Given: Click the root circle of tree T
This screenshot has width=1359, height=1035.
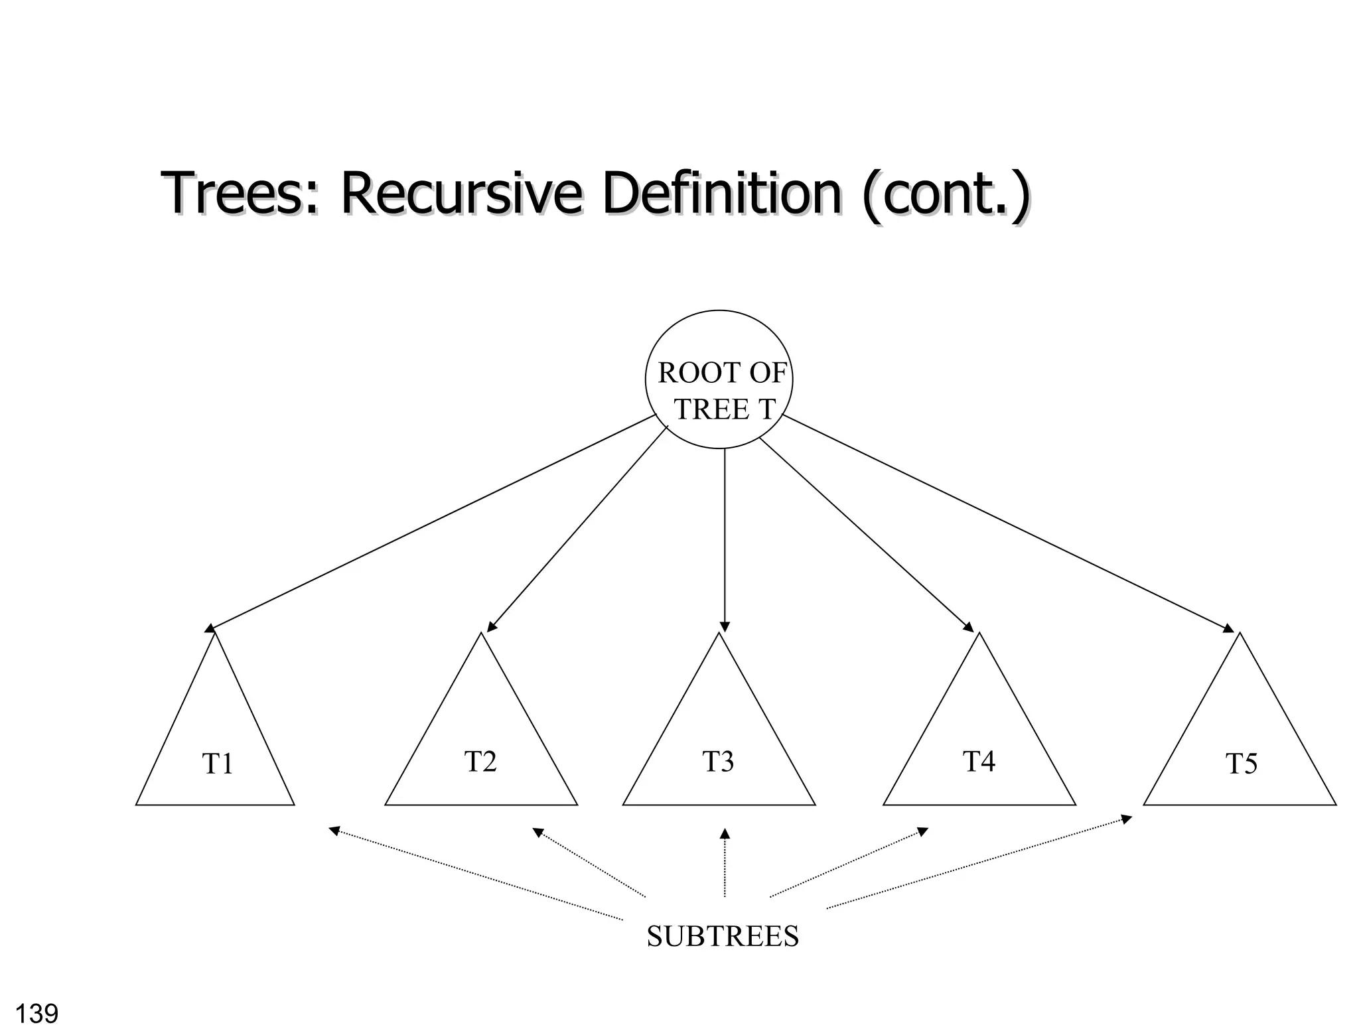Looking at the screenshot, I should [x=719, y=379].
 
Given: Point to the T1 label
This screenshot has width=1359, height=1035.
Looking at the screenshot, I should [x=218, y=764].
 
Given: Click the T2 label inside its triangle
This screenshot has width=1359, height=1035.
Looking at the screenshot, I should [x=480, y=761].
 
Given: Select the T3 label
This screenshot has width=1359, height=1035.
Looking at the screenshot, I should [x=718, y=761].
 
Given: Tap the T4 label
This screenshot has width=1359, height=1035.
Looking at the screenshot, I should [x=979, y=761].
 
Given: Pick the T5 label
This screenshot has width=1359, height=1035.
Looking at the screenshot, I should [x=1241, y=764].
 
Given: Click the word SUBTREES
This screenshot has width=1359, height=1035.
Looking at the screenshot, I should [x=723, y=936].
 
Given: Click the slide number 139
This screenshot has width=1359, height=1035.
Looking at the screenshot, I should [x=36, y=1014].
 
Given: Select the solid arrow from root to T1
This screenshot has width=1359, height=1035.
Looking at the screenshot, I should [x=431, y=521].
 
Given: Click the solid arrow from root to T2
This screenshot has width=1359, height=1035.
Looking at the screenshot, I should [x=577, y=529].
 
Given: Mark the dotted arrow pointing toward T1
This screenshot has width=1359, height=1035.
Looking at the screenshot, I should [x=476, y=874].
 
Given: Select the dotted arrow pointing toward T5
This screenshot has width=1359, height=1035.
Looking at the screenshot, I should [x=979, y=862].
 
